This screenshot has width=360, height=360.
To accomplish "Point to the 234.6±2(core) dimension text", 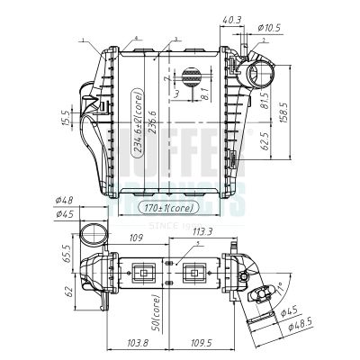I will (x=139, y=125).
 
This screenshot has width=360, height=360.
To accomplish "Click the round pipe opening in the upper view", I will (x=257, y=75).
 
